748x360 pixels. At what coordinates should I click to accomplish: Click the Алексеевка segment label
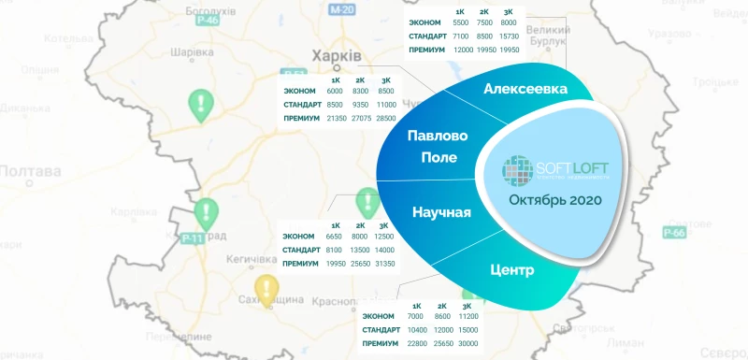pos(525,89)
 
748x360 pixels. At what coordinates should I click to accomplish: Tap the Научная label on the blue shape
pos(441,212)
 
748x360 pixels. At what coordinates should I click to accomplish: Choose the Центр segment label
pos(511,271)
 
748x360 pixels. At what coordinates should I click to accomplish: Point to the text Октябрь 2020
pos(555,201)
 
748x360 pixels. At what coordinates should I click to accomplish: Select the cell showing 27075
pos(362,119)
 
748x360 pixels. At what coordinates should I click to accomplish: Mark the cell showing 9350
pos(362,106)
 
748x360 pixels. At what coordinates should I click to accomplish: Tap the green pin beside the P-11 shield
pos(207,214)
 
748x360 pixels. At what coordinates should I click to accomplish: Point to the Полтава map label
pos(31,171)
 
